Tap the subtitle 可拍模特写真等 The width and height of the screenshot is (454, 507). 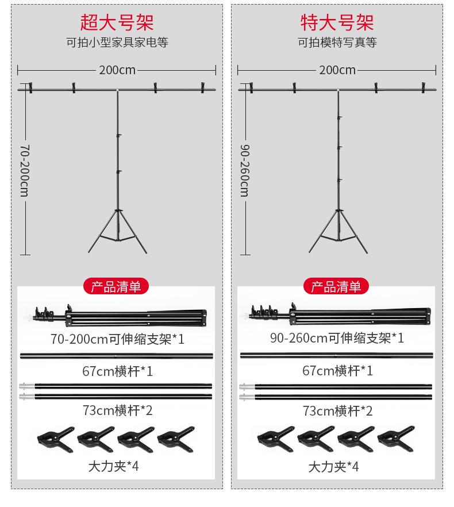pyautogui.click(x=337, y=43)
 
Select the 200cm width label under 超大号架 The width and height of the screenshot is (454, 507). pyautogui.click(x=117, y=70)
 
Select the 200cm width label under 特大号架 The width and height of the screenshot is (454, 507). pyautogui.click(x=337, y=70)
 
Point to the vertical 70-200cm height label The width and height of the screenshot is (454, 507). pyautogui.click(x=24, y=170)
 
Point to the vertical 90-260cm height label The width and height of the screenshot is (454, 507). pyautogui.click(x=244, y=170)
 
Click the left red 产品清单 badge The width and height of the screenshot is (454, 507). pyautogui.click(x=116, y=286)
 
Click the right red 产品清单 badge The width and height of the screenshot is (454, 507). pyautogui.click(x=337, y=286)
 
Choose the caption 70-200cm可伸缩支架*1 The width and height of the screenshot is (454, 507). pyautogui.click(x=117, y=339)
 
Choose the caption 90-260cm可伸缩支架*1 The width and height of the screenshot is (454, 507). pyautogui.click(x=337, y=338)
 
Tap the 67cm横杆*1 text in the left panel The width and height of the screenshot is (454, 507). pyautogui.click(x=117, y=371)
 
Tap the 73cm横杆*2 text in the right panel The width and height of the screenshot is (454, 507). pyautogui.click(x=337, y=411)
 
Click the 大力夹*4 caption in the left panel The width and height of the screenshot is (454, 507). pyautogui.click(x=114, y=466)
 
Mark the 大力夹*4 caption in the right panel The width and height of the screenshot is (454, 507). pyautogui.click(x=334, y=466)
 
